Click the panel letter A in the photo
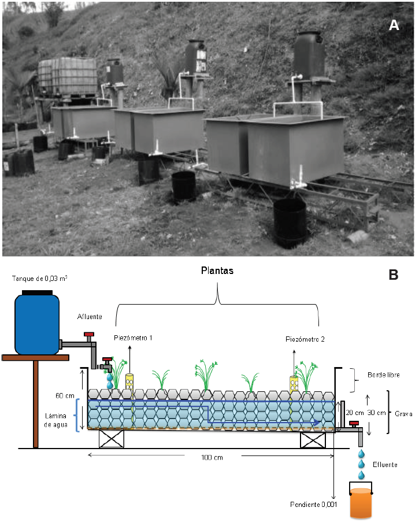(394, 25)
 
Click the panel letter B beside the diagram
(394, 275)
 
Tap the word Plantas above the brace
(218, 270)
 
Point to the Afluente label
(90, 317)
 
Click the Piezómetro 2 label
(305, 339)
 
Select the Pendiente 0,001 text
(312, 505)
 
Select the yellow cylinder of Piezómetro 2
(295, 384)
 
